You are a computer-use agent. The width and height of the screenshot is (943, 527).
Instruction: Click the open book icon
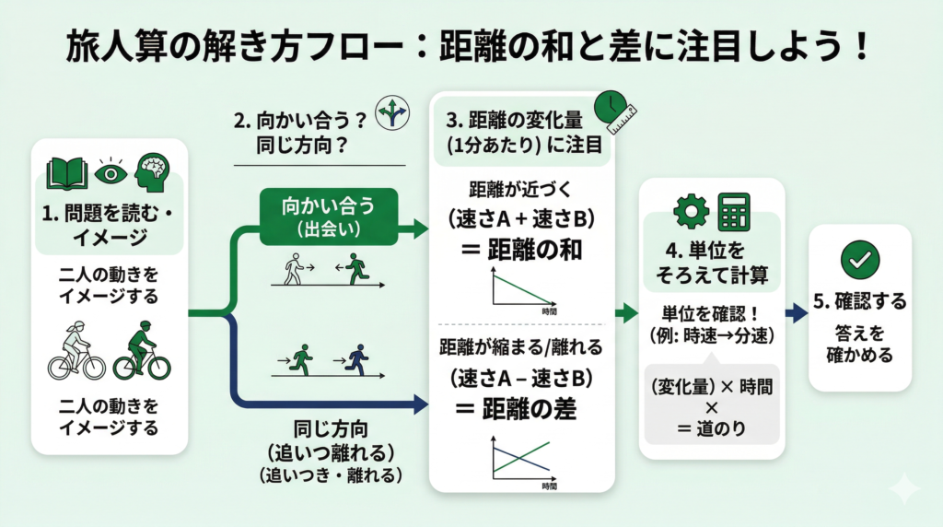click(x=68, y=172)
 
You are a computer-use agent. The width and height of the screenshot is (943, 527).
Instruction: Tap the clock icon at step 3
click(x=609, y=106)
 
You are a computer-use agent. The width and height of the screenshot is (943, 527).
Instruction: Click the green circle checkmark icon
click(x=859, y=261)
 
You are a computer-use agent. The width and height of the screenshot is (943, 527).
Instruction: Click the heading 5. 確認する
click(x=859, y=301)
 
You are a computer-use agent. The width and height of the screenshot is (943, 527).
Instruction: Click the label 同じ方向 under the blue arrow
click(x=327, y=430)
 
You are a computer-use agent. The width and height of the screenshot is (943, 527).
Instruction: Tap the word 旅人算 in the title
click(x=109, y=46)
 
